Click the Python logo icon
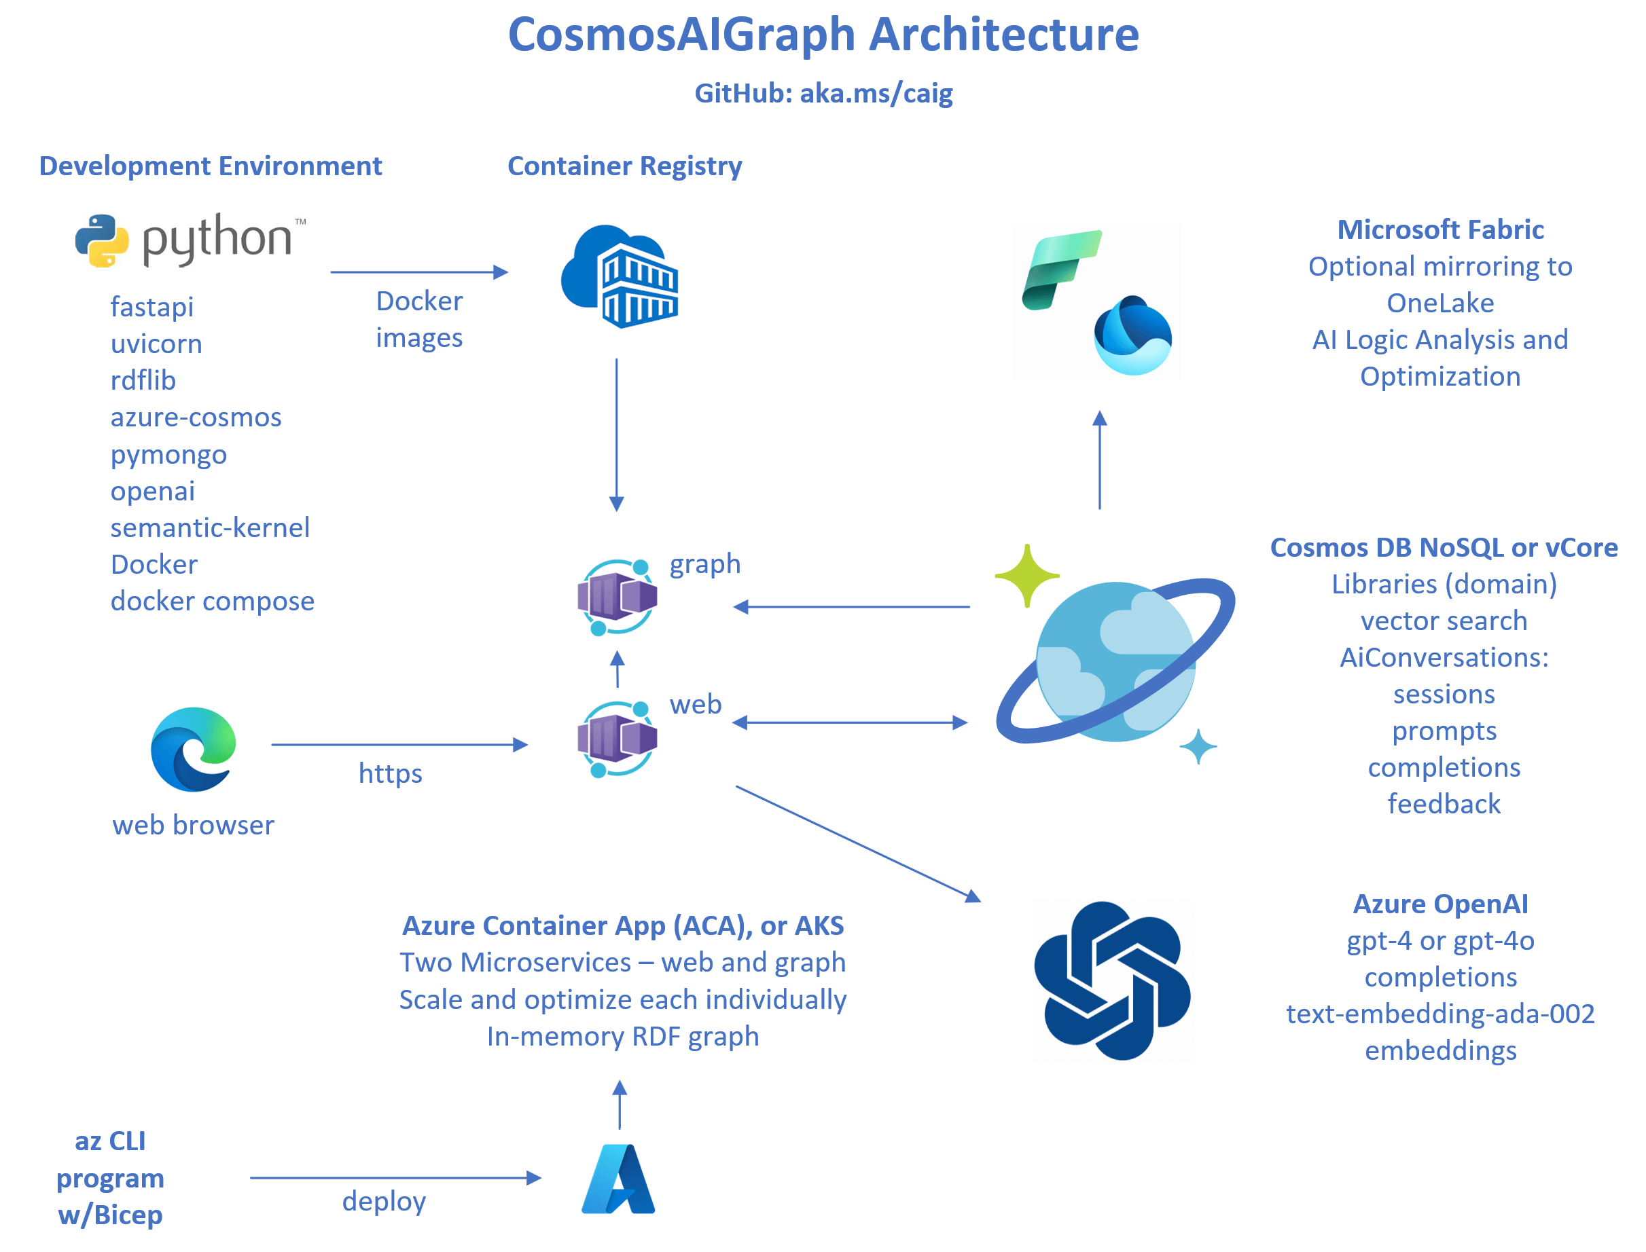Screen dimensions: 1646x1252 click(x=102, y=241)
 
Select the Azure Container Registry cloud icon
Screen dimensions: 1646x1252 click(x=620, y=276)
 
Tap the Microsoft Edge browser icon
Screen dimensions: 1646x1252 click(x=193, y=749)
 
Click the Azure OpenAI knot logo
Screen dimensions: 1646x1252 click(x=1111, y=980)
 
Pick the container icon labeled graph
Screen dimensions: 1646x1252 click(x=618, y=597)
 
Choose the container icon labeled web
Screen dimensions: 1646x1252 click(x=618, y=739)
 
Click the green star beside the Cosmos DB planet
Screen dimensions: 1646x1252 click(x=1026, y=574)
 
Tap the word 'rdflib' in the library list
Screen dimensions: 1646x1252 click(x=143, y=380)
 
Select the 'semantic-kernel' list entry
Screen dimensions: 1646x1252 click(x=210, y=528)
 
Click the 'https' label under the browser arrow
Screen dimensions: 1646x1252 click(x=390, y=773)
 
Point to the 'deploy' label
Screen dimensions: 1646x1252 click(x=384, y=1201)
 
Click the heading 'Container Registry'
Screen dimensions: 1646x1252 click(x=625, y=166)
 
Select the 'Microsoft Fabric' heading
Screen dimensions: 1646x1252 click(x=1440, y=229)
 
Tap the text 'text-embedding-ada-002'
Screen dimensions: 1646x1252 click(x=1440, y=1014)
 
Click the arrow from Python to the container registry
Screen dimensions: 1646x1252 click(x=419, y=272)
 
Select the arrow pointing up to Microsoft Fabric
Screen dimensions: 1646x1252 click(x=1100, y=460)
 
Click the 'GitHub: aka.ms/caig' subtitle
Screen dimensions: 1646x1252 click(x=823, y=93)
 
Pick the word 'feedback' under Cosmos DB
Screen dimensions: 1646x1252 click(x=1444, y=804)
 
